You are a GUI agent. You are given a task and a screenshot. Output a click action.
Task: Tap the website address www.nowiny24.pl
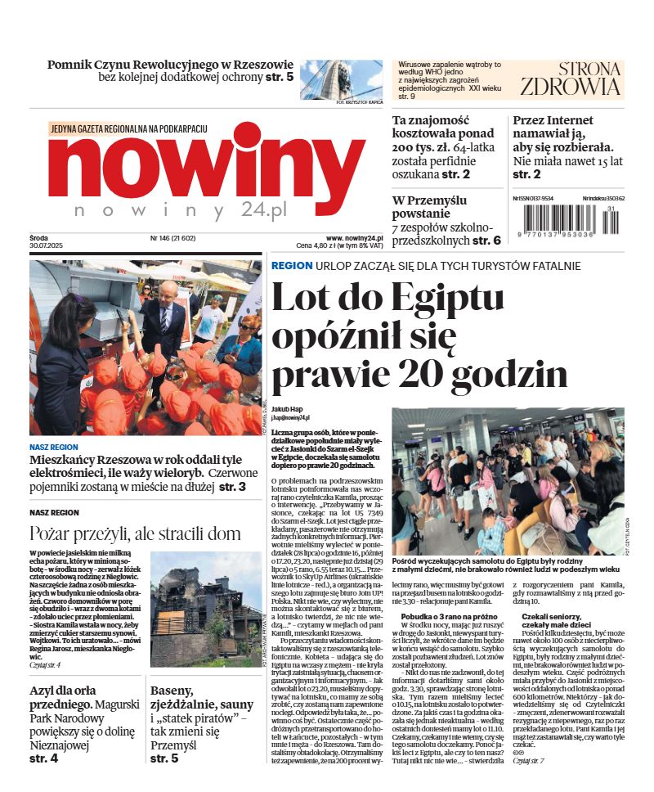(355, 237)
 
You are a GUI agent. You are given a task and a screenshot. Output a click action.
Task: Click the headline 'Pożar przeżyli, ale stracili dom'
(135, 534)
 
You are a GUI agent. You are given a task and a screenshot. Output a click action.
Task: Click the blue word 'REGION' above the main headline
(292, 266)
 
